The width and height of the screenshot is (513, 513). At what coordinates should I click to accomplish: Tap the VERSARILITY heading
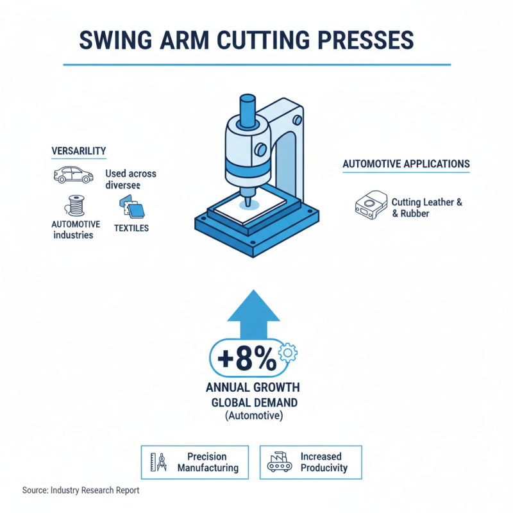79,151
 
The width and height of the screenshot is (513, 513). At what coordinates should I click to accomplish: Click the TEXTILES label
132,228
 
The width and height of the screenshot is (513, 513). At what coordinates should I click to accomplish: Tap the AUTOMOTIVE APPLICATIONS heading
406,164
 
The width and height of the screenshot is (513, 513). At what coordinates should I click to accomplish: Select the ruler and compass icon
157,462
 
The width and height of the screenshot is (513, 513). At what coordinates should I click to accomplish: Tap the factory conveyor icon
277,462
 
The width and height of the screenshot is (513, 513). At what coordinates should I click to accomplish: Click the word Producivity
324,467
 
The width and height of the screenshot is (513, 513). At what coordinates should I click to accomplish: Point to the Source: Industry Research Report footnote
80,491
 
